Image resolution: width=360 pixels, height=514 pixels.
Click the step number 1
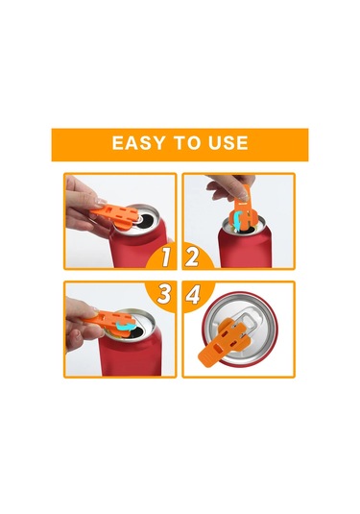pyautogui.click(x=166, y=257)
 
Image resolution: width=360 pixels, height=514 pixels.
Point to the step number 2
pyautogui.click(x=192, y=257)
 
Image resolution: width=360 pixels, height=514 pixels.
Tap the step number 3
pyautogui.click(x=164, y=294)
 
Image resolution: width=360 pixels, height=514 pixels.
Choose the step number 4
pyautogui.click(x=193, y=294)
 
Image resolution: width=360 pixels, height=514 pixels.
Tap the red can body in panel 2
pyautogui.click(x=245, y=249)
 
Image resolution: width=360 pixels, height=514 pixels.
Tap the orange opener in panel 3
pyautogui.click(x=109, y=322)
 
